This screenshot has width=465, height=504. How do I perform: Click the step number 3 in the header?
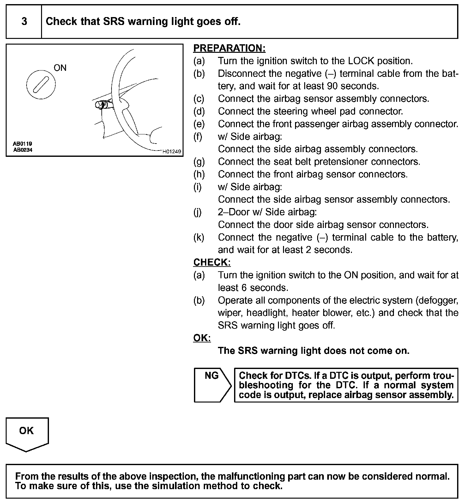[24, 22]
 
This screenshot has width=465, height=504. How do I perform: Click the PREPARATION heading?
[229, 48]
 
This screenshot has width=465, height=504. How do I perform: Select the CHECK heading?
[212, 262]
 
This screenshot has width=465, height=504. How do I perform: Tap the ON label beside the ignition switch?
[60, 68]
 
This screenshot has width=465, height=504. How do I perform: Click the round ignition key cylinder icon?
[41, 85]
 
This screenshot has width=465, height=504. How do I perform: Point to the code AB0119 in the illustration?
[22, 144]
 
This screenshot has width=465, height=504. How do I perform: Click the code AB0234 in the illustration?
[22, 150]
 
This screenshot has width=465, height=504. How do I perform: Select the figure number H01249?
[172, 151]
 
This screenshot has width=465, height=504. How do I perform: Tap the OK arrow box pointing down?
[27, 433]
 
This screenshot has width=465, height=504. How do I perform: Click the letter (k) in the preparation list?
[199, 237]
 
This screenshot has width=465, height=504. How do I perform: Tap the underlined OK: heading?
[202, 338]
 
